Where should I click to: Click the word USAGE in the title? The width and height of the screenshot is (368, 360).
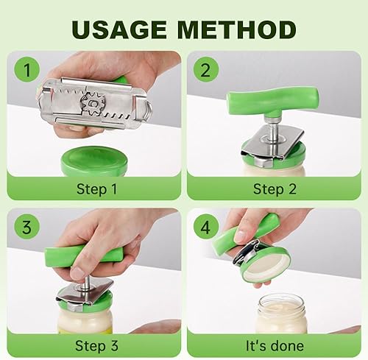point(119,29)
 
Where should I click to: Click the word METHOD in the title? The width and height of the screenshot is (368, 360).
point(237,29)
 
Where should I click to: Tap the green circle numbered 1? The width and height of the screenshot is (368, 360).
point(27,69)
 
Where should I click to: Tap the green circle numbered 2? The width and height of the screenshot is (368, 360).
point(205,69)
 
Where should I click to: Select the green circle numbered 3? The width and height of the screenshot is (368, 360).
point(27,227)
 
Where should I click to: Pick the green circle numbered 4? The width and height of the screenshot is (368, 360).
point(205,227)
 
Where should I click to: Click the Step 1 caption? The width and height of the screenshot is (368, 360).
point(96,189)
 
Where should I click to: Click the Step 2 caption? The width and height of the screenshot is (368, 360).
point(275,189)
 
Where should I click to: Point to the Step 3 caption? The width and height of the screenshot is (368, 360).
point(96,346)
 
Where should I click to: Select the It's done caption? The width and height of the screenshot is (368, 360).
point(275,346)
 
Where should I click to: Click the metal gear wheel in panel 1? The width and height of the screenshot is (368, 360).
point(93,105)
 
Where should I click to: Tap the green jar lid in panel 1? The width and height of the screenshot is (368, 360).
point(94,160)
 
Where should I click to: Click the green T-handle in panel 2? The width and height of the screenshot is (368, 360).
point(272,101)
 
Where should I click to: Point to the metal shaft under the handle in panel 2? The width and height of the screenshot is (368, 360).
point(272,130)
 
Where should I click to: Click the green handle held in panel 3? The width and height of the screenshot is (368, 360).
point(83,256)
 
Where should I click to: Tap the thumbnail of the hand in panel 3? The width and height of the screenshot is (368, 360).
point(77,273)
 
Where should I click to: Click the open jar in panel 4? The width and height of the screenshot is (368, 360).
point(281,314)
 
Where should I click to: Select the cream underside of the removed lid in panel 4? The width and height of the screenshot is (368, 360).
point(265,264)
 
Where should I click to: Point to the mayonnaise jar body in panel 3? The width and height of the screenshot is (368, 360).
point(85,320)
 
